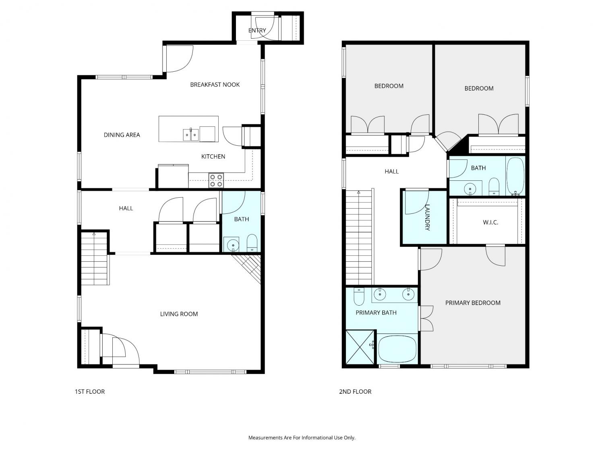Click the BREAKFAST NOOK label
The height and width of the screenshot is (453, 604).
215,85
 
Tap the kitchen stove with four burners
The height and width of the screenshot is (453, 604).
216,180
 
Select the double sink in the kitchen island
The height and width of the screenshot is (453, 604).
191,135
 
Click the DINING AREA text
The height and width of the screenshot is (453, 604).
122,135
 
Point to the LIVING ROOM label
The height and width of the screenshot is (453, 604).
179,314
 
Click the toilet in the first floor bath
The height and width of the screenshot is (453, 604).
252,242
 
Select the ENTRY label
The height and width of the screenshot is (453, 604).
257,30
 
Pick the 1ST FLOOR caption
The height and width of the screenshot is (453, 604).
90,391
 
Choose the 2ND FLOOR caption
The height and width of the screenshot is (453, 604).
355,391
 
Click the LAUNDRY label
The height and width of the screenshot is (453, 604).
427,217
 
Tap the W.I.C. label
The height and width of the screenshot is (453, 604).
490,222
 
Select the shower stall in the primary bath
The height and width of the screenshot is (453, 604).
360,347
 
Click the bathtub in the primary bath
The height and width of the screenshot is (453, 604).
397,349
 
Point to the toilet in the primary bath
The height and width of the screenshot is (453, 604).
359,296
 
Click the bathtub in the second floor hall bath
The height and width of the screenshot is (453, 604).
515,176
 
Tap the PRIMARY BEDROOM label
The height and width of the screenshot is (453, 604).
473,303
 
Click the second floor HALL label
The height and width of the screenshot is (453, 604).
391,172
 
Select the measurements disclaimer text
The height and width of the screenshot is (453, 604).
302,437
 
